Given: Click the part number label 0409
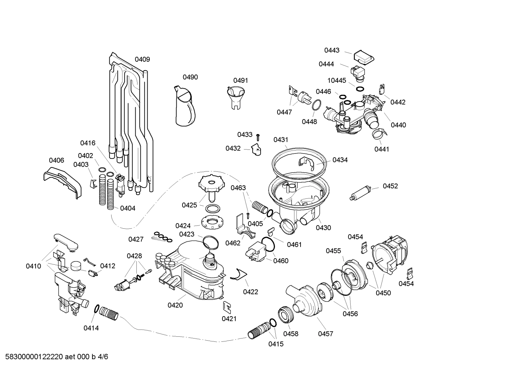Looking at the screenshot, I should (x=142, y=59).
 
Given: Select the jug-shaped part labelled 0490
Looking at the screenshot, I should (x=185, y=107).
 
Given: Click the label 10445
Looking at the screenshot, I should (x=337, y=80).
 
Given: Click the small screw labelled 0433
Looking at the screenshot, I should (x=258, y=136).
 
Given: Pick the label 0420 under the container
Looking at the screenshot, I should (x=175, y=305).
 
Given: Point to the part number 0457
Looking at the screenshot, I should (x=325, y=334).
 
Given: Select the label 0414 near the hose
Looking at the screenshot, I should (x=91, y=328).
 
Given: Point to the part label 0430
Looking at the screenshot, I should (x=323, y=228).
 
